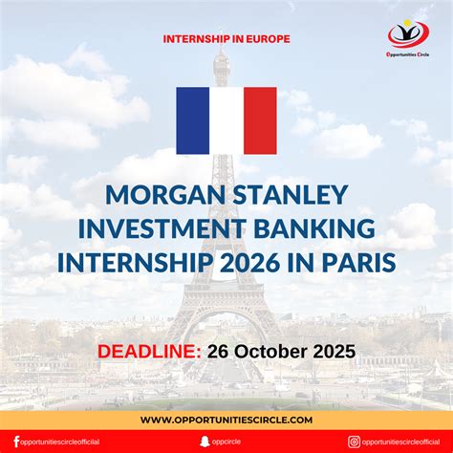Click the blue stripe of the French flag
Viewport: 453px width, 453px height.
click(x=193, y=120)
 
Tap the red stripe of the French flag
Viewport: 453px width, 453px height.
click(x=260, y=120)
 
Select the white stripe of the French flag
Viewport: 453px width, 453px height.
click(x=226, y=120)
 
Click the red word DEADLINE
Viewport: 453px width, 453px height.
click(x=148, y=351)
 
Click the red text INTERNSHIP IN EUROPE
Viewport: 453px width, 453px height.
click(x=226, y=39)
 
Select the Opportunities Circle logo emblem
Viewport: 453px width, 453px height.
click(x=408, y=34)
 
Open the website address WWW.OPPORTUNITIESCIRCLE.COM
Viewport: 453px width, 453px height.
click(x=226, y=419)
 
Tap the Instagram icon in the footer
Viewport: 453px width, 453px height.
click(x=354, y=442)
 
